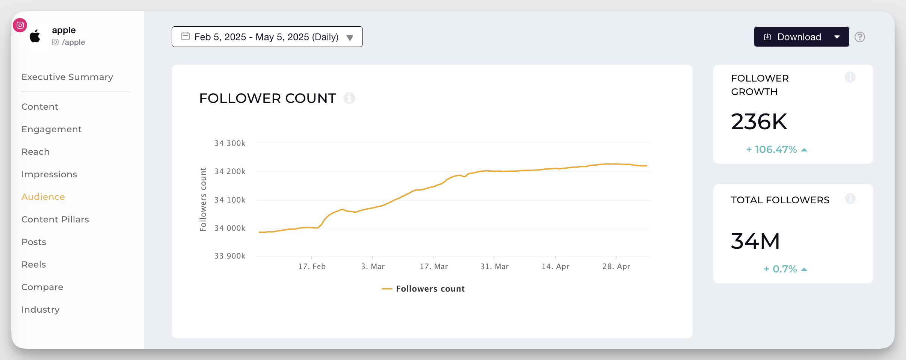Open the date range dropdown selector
point(267,37)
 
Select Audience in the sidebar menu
point(43,197)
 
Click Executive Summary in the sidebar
point(67,77)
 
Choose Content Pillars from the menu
point(55,219)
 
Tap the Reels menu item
point(34,265)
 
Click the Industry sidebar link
point(41,310)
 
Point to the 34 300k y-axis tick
point(230,143)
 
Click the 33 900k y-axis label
point(230,256)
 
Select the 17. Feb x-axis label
point(312,266)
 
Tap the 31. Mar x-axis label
point(494,266)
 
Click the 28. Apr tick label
point(616,266)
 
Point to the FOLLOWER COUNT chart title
point(267,98)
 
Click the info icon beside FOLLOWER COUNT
point(349,98)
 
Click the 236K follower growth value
point(759,122)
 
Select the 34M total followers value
point(755,241)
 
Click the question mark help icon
point(859,37)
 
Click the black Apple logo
point(35,36)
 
